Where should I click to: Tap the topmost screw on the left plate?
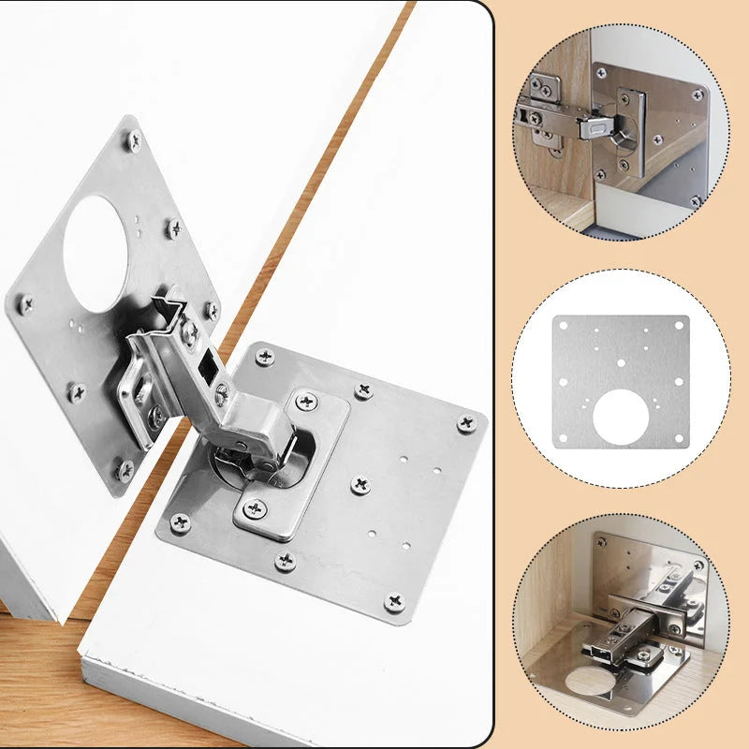click(133, 141)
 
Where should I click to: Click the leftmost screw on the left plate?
click(24, 302)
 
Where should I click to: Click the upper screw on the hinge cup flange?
click(306, 402)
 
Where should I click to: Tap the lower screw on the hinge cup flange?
click(255, 508)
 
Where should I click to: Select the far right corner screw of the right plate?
click(465, 423)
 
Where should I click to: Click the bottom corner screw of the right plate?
click(394, 600)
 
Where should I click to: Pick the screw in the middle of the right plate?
click(360, 484)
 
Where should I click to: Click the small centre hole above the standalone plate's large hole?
click(618, 365)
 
